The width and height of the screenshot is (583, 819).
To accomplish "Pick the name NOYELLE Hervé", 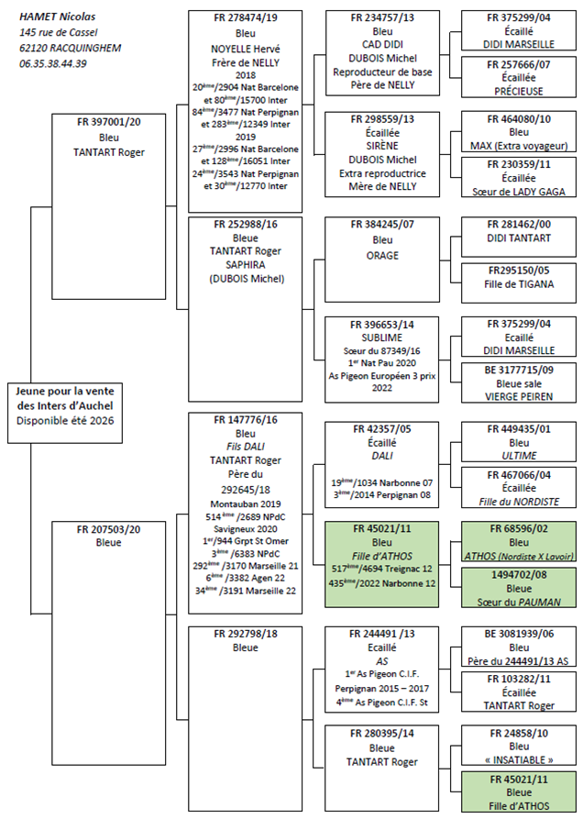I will [245, 51].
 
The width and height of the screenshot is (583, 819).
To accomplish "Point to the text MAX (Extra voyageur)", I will [520, 146].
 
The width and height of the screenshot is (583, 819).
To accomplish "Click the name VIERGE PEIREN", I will [520, 389].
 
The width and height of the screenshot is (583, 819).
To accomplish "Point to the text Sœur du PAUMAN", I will [520, 602].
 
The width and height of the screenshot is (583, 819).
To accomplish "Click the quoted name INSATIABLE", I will [520, 760].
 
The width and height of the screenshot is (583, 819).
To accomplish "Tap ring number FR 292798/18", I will [245, 633].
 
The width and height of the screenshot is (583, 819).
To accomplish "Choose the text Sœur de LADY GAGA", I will [520, 192].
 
